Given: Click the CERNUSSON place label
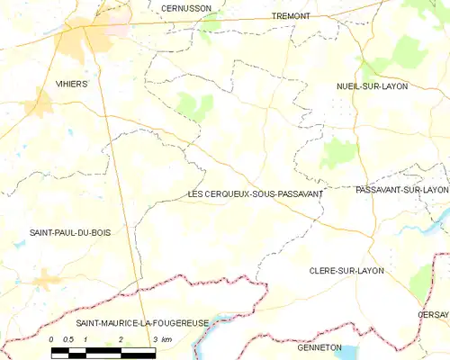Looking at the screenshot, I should (x=185, y=7).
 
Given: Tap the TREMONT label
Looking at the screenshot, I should (x=291, y=16).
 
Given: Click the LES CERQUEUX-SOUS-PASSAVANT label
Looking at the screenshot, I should (x=256, y=193).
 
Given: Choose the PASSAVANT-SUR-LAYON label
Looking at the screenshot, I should (x=401, y=190).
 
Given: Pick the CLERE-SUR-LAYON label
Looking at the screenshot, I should (x=346, y=270).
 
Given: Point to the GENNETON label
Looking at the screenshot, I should (x=319, y=346).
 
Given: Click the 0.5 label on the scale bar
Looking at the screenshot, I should (x=67, y=338).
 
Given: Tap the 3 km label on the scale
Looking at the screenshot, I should (x=162, y=338).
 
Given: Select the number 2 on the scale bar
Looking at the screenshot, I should (x=121, y=338).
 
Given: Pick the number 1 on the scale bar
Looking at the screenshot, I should (x=85, y=338).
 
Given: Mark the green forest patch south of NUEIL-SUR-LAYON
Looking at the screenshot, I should (x=339, y=153).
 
